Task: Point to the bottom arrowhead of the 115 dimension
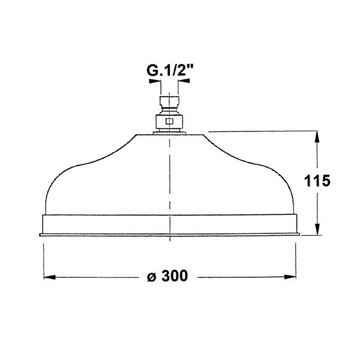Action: pyautogui.click(x=316, y=231)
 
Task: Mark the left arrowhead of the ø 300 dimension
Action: pyautogui.click(x=49, y=277)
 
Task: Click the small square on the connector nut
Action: pyautogui.click(x=169, y=121)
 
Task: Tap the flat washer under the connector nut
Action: pyautogui.click(x=169, y=132)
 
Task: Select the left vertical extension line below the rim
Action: pyautogui.click(x=43, y=258)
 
